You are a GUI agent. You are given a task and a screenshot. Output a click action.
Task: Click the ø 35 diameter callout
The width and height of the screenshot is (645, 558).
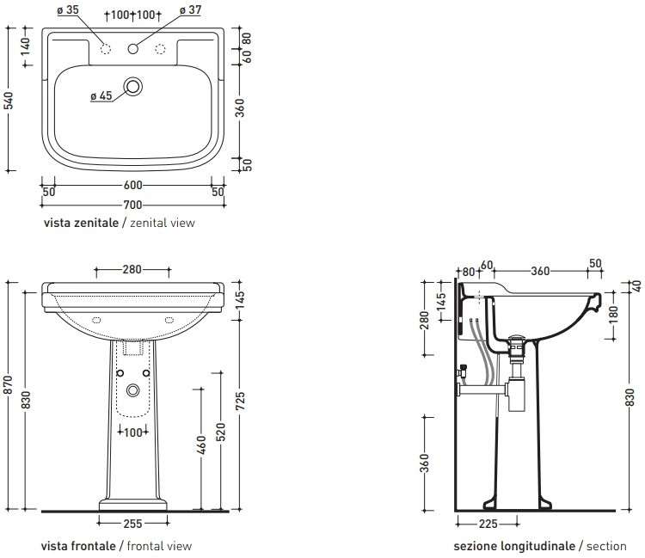pos(68,9)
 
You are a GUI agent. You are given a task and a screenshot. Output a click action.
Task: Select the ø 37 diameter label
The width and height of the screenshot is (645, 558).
pos(190,9)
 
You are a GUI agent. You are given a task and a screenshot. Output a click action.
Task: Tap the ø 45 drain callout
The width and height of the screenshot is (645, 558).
pos(101,95)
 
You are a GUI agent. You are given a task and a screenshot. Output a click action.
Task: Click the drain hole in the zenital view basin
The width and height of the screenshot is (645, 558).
pos(132,86)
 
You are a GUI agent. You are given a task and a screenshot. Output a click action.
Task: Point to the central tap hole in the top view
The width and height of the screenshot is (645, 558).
pos(132,48)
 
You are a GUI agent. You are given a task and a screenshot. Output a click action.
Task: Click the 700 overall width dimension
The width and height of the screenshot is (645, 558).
pos(132,205)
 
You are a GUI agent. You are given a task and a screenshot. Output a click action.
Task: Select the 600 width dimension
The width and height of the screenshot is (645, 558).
pos(132,185)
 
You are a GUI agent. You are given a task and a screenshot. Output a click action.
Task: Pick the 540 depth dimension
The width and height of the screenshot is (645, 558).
pos(9,101)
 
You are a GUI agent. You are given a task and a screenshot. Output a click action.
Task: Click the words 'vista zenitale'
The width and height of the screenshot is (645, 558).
pos(81,223)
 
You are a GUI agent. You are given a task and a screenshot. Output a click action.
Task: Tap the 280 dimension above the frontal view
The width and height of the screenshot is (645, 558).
pos(132,269)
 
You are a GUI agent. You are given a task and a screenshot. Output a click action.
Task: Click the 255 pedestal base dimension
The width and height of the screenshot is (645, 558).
pos(132,524)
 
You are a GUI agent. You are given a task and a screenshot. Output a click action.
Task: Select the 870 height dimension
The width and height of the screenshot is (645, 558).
pos(9,385)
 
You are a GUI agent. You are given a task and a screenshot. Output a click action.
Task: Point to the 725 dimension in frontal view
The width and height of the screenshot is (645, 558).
pos(241,401)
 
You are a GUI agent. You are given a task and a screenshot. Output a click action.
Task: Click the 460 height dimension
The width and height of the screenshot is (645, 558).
pos(201,445)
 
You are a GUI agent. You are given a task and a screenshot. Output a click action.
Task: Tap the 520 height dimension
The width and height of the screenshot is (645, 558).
pos(221,432)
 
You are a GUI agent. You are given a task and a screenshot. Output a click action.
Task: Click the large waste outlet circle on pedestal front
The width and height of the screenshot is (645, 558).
pos(132,389)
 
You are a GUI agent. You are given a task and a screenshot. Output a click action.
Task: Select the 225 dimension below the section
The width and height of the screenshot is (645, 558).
pos(488,524)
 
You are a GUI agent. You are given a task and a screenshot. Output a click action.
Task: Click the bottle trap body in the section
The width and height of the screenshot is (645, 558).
pos(517,393)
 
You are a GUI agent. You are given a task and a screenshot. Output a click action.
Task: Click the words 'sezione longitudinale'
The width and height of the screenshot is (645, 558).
pos(514,546)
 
